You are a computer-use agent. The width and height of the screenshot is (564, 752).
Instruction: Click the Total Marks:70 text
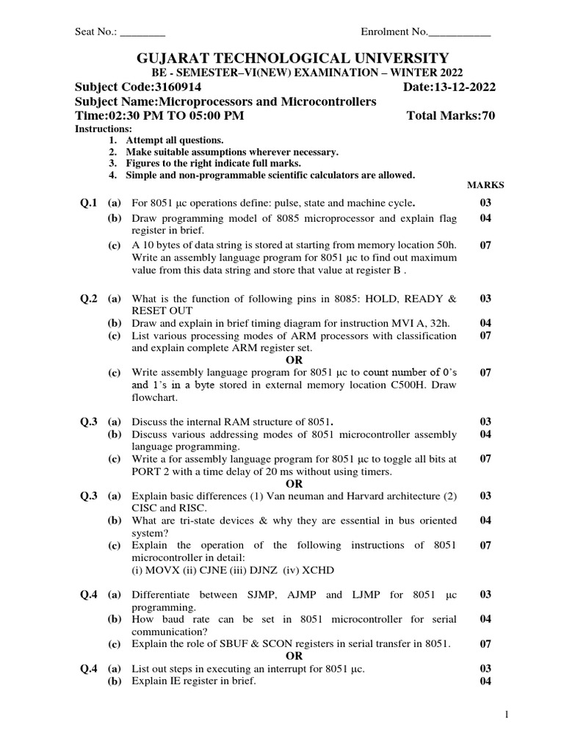[x=450, y=116]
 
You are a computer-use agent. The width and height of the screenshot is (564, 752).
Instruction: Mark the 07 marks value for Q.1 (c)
[x=485, y=245]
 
